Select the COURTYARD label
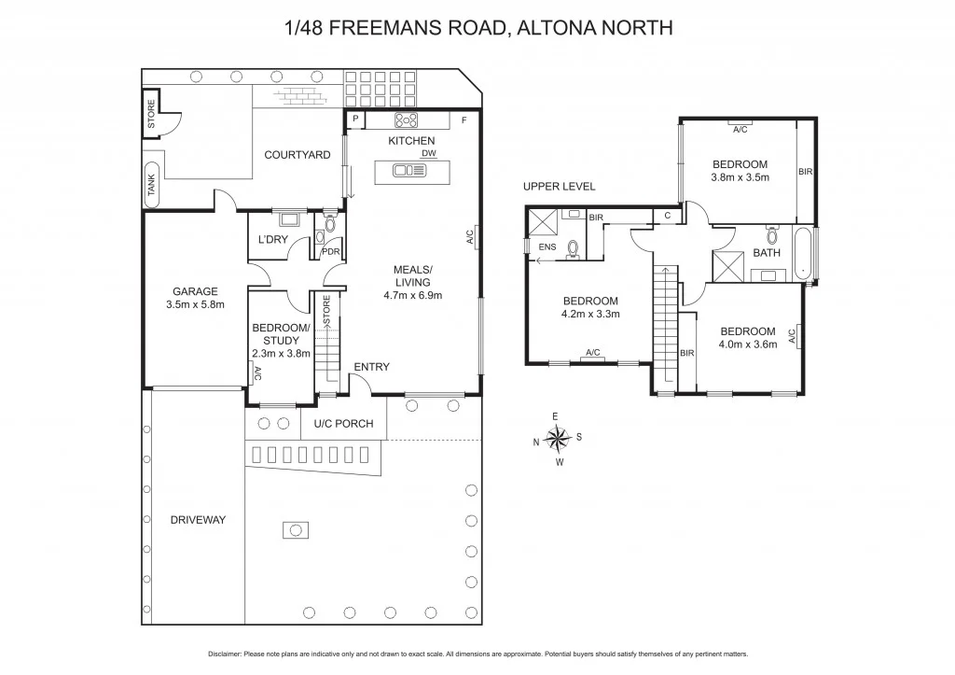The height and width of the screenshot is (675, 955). [297, 155]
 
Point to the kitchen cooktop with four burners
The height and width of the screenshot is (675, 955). [407, 119]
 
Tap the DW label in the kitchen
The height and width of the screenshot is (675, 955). [428, 153]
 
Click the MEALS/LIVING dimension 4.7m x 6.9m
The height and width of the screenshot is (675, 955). [411, 295]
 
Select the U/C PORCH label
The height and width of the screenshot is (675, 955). [343, 424]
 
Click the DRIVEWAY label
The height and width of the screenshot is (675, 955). [198, 520]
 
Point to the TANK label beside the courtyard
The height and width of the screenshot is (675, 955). [151, 184]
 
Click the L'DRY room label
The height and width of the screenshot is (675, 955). [272, 240]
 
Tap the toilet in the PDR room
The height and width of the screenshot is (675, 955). [329, 223]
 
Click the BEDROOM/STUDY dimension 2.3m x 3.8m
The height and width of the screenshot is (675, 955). [281, 353]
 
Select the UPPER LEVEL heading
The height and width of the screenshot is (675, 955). [559, 187]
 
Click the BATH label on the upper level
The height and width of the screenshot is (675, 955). [767, 253]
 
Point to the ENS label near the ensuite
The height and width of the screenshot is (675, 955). [548, 246]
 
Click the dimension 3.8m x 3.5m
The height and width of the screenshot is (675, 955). [740, 176]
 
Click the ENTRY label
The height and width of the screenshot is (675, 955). [371, 367]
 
